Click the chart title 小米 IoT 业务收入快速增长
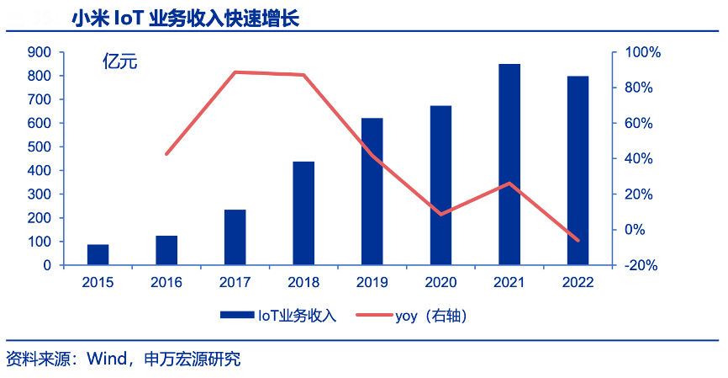(184, 19)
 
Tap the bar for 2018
(303, 213)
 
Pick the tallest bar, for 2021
(509, 164)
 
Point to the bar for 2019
(372, 191)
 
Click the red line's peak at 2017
(235, 72)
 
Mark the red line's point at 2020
(441, 214)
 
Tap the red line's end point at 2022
(578, 240)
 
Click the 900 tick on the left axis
(40, 52)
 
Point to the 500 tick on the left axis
(40, 146)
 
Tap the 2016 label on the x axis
(166, 282)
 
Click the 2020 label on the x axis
(441, 282)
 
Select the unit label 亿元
(119, 61)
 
